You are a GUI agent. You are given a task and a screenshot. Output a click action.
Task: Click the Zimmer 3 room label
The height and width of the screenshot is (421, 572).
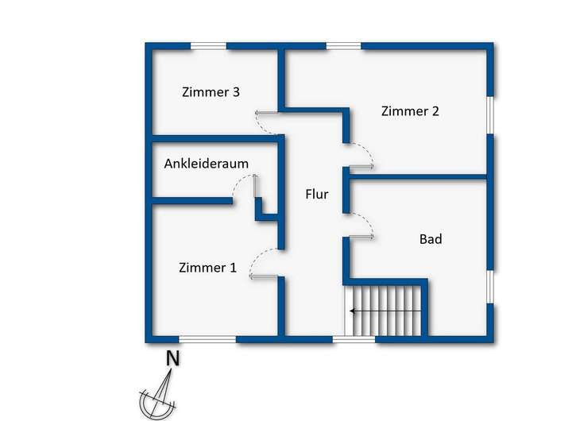point(211,92)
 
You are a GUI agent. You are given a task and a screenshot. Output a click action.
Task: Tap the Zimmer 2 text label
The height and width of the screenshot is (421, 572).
point(410,111)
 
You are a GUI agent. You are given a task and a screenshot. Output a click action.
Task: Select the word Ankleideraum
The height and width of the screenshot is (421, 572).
point(207,164)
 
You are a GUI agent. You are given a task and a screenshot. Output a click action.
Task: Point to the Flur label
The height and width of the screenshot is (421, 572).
point(317,194)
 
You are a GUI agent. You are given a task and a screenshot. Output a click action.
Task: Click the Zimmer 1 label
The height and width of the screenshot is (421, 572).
point(207,268)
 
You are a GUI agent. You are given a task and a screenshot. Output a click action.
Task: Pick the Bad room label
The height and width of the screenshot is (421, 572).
point(431,239)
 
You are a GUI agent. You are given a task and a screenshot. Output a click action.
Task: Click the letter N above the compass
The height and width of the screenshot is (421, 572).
point(172,358)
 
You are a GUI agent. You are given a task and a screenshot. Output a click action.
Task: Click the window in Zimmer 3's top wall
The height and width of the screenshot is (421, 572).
point(208,46)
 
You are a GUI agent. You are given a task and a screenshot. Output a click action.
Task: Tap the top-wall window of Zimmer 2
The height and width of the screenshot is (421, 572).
point(343,46)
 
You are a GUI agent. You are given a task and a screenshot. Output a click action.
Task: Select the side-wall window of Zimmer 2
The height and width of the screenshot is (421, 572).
point(490,115)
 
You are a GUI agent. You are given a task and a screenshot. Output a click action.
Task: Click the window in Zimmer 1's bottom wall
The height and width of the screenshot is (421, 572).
point(207,339)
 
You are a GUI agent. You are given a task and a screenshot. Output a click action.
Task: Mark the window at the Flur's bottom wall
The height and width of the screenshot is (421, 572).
point(354,339)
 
